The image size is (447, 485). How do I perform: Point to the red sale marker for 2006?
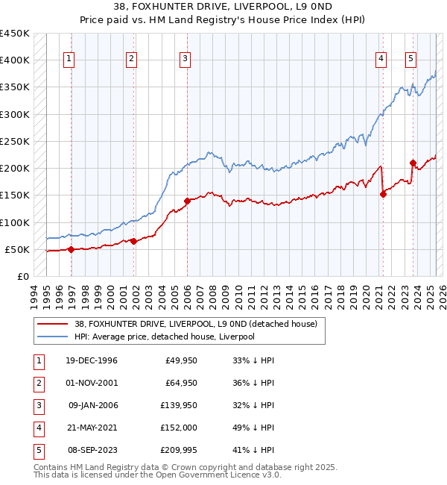[187, 200]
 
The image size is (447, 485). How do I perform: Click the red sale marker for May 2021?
[384, 194]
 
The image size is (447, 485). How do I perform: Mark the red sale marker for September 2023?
[413, 163]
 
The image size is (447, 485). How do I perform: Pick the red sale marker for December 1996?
[71, 249]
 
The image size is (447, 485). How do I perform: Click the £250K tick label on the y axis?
[15, 141]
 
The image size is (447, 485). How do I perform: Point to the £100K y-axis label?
[15, 222]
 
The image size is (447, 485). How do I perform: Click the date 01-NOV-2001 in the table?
[91, 383]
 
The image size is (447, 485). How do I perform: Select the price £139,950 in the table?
[176, 405]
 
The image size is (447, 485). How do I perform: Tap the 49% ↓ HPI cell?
[253, 428]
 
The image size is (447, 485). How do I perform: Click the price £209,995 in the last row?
[176, 450]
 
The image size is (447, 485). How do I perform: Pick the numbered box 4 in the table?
[37, 428]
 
